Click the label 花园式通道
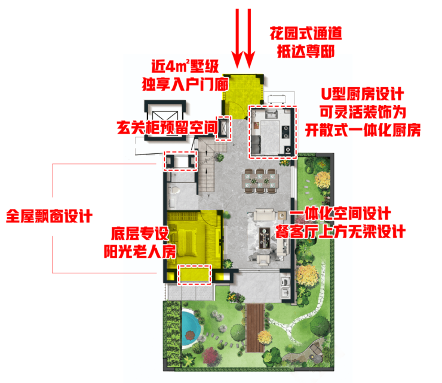306,33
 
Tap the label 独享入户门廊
185,84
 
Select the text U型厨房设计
363,94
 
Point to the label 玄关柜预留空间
167,127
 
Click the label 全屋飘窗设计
50,217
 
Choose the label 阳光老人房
140,251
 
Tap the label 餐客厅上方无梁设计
340,232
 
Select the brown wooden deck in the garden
256,328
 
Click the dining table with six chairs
260,181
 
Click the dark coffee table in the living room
265,238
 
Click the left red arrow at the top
237,38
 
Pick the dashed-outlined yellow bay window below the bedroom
194,274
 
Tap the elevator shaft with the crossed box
165,121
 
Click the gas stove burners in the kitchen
286,132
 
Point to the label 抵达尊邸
306,51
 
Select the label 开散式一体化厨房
363,130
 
